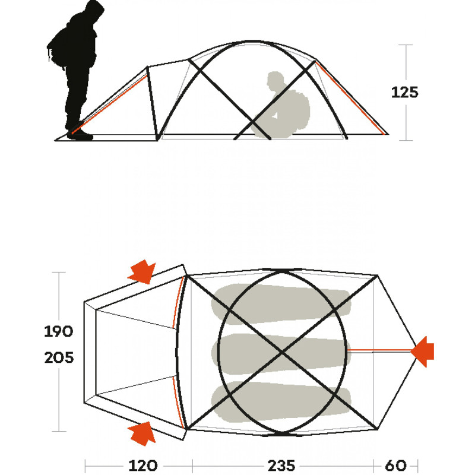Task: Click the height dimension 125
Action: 404,93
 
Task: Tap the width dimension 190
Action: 58,331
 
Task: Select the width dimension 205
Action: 59,358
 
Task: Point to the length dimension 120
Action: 142,465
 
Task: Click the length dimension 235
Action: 281,465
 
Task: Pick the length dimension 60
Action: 395,465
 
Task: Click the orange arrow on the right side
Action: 422,351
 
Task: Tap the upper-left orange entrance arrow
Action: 142,271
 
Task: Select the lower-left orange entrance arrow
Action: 142,433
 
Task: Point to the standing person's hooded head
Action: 93,11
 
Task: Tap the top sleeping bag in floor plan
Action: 281,304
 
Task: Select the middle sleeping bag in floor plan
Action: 281,353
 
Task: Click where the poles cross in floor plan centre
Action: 282,352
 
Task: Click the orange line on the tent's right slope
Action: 350,97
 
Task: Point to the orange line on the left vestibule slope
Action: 110,104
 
